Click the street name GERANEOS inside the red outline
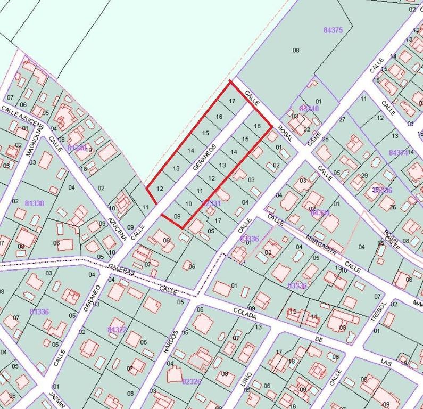point(204,157)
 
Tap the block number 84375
point(333,30)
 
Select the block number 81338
point(35,203)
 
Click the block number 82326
point(192,381)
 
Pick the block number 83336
point(297,286)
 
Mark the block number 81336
point(39,312)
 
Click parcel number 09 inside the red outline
point(178,216)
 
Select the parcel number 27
point(342,120)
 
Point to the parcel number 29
point(364,176)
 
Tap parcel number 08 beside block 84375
point(296,50)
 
